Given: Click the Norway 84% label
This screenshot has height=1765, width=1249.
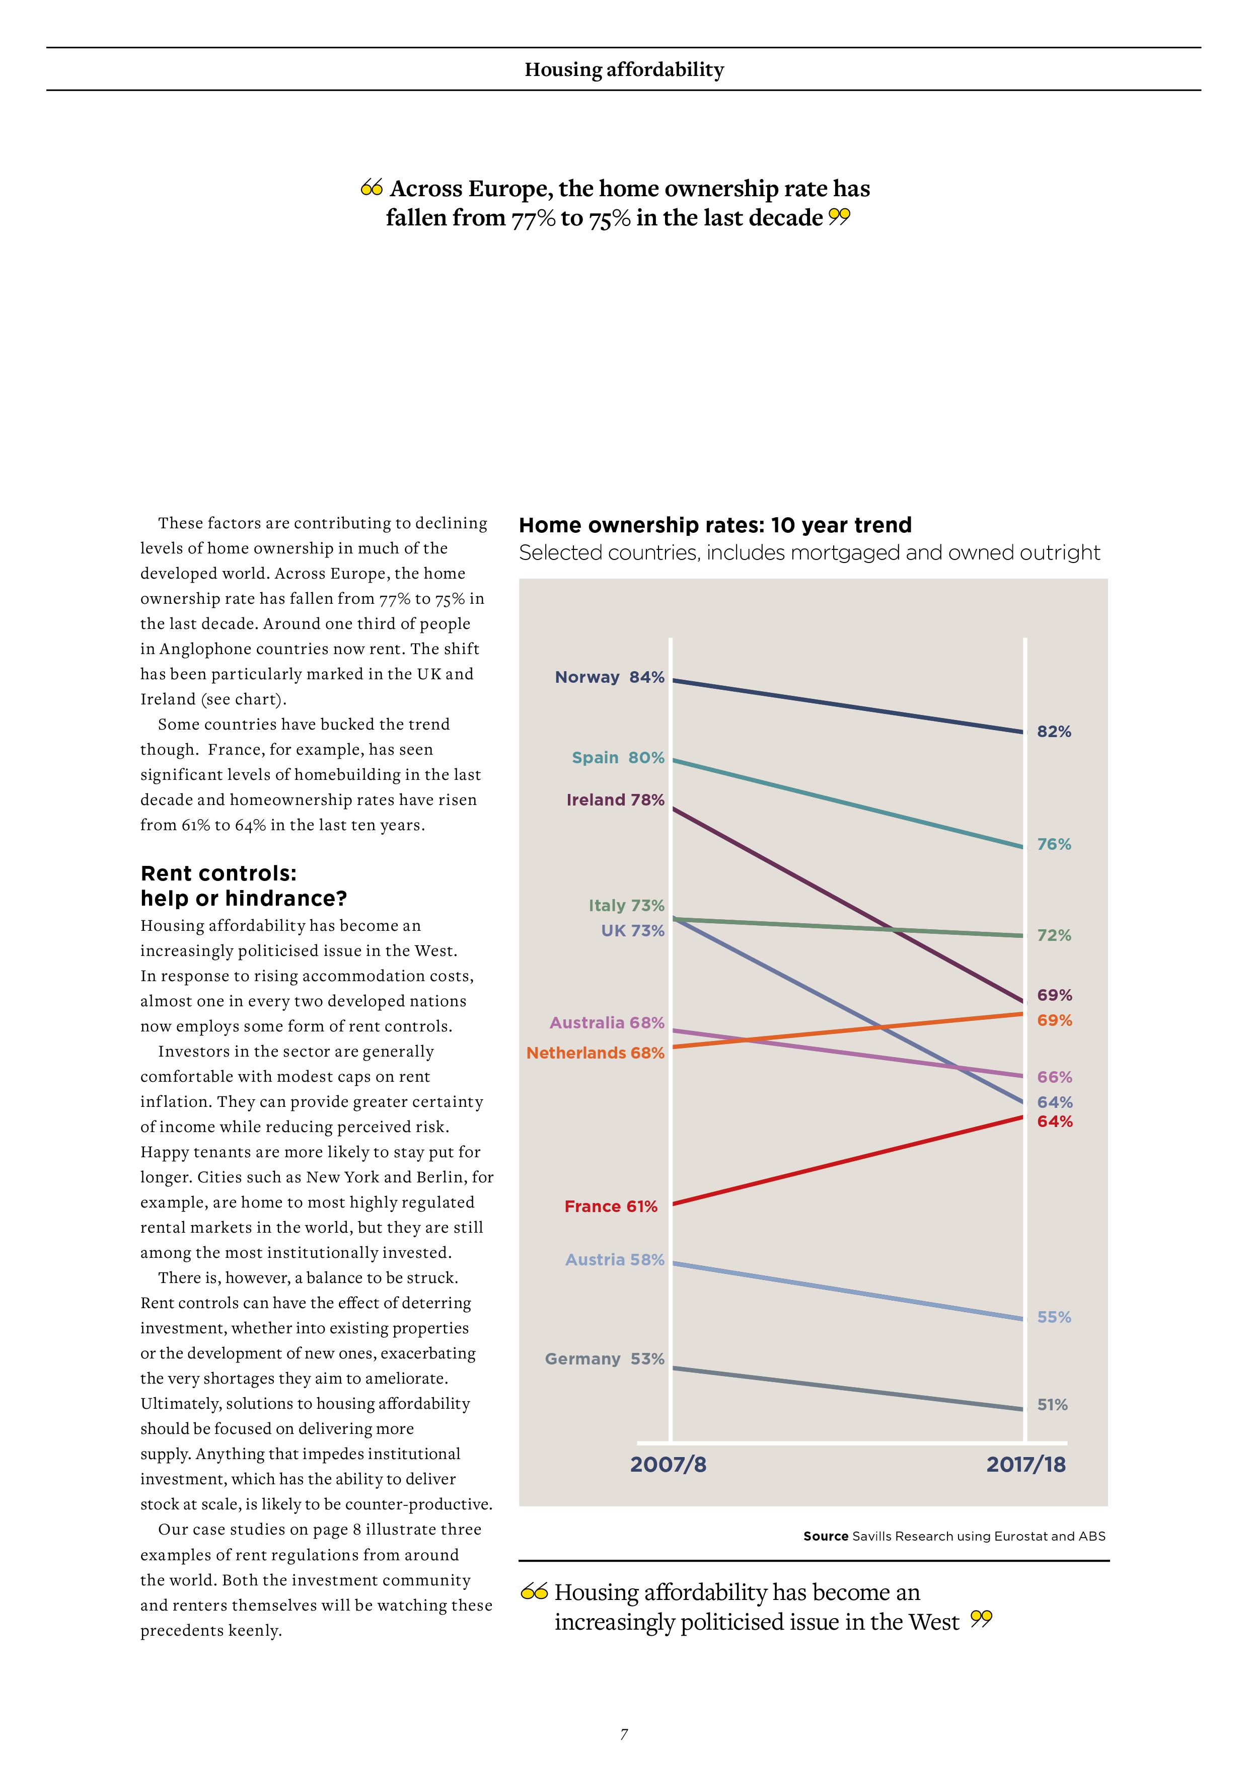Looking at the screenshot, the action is pyautogui.click(x=609, y=677).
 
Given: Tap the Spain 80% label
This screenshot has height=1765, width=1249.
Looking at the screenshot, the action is pyautogui.click(x=618, y=758).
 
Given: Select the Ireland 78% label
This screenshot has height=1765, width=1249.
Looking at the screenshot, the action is pyautogui.click(x=615, y=800).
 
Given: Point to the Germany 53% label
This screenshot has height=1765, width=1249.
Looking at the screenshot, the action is pyautogui.click(x=605, y=1359).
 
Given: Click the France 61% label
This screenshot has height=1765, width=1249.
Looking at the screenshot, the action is pyautogui.click(x=611, y=1207).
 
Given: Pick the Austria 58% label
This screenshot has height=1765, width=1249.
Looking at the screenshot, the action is pyautogui.click(x=615, y=1260).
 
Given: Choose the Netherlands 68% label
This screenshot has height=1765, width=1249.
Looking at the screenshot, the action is pyautogui.click(x=595, y=1053).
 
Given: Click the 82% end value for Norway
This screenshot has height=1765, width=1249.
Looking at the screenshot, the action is pyautogui.click(x=1054, y=732).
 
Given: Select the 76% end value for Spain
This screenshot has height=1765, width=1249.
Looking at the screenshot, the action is pyautogui.click(x=1054, y=844).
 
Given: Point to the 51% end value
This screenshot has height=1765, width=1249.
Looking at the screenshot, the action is pyautogui.click(x=1052, y=1405).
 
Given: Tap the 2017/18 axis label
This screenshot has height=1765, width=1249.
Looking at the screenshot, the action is pyautogui.click(x=1026, y=1465).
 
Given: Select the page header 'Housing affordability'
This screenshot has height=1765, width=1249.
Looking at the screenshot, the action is pyautogui.click(x=624, y=70).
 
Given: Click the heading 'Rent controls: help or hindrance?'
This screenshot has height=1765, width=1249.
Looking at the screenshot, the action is pyautogui.click(x=244, y=886).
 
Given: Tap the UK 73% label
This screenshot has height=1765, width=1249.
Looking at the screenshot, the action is pyautogui.click(x=632, y=931).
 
